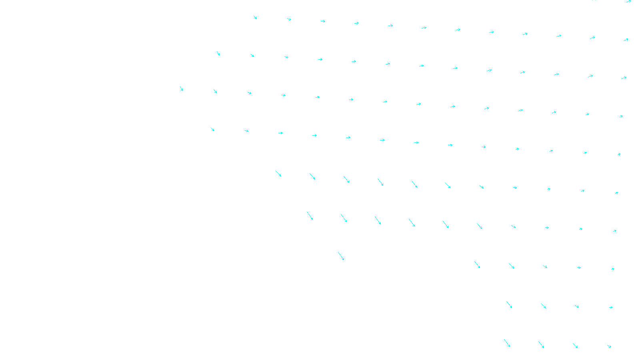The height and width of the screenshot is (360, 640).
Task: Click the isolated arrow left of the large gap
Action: (341, 256)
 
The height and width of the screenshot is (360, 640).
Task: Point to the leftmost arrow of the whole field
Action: (182, 89)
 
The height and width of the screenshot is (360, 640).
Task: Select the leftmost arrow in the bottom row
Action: (507, 343)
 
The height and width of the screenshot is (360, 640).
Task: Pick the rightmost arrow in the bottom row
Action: (609, 346)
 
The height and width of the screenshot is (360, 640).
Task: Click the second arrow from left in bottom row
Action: (541, 344)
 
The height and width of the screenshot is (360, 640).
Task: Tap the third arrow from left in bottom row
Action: (575, 346)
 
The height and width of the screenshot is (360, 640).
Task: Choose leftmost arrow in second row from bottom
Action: (509, 305)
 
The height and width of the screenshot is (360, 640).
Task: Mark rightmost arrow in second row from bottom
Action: (611, 307)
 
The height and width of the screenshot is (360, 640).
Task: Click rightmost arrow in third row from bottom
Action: (613, 269)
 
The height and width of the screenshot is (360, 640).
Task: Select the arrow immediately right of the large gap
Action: (477, 265)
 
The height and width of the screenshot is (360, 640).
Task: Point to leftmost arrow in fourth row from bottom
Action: (310, 216)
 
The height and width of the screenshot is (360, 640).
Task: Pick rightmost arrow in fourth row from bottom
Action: (615, 231)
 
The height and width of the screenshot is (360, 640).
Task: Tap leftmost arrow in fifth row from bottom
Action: (278, 174)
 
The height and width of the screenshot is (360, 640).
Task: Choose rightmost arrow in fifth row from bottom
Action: (617, 193)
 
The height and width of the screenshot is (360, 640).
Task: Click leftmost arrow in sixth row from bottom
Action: (212, 129)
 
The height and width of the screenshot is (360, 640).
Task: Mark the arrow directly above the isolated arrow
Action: (344, 218)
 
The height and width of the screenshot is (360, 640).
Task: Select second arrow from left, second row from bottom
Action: (543, 306)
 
